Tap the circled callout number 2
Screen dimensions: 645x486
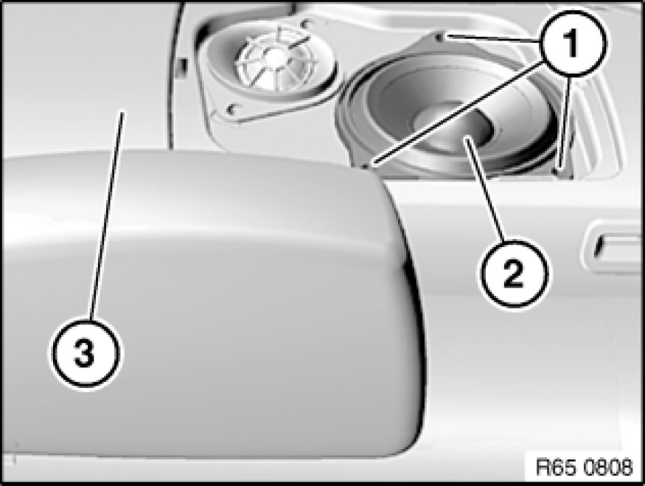click(513, 274)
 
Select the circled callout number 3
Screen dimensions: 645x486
click(86, 353)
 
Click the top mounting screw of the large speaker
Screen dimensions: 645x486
click(439, 38)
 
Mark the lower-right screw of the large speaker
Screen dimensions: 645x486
click(557, 170)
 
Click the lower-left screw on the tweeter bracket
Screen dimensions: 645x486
click(231, 109)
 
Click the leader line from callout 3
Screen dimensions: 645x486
click(106, 215)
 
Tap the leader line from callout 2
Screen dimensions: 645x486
click(484, 190)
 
